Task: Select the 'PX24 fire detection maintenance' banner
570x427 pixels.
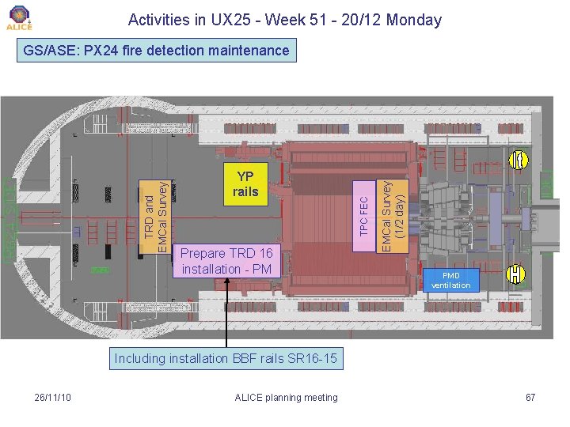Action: point(157,51)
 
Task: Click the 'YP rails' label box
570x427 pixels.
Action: point(245,184)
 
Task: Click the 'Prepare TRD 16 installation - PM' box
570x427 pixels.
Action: point(226,261)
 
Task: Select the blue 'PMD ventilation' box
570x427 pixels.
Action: point(450,280)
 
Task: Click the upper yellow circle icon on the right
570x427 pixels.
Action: point(518,161)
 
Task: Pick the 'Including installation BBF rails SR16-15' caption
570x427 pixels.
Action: point(226,359)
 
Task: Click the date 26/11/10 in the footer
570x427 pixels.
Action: point(53,397)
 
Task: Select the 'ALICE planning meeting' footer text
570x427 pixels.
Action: point(287,397)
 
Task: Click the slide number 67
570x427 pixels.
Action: point(530,397)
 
